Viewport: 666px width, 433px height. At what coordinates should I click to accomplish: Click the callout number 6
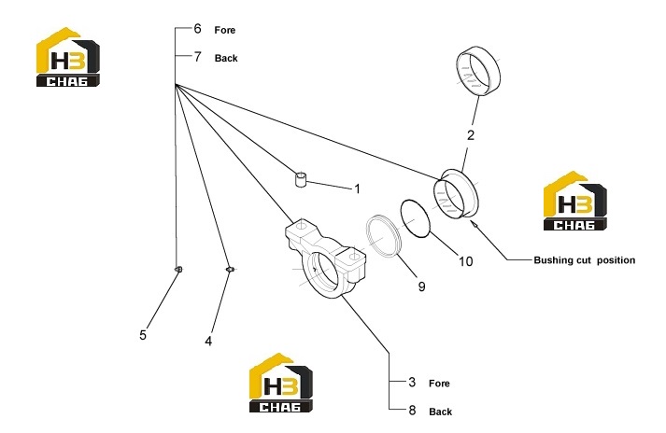[197, 28]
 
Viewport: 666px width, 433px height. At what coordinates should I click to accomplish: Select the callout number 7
[197, 57]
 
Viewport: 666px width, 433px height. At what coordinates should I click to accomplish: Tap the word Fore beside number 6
[225, 30]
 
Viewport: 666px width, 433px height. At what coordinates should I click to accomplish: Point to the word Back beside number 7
[226, 58]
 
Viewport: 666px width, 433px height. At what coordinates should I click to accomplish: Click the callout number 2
[471, 135]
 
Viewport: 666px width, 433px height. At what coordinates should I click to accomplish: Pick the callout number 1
[357, 189]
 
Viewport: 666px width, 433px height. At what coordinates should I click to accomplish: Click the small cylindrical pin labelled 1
[301, 179]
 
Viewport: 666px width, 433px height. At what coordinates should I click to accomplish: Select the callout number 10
[465, 261]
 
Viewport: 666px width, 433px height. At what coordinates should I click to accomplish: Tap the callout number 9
[421, 286]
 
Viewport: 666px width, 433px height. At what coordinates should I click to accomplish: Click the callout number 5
[143, 335]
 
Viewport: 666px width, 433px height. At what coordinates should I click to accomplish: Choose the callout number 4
[208, 341]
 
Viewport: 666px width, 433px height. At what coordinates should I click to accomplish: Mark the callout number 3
[412, 382]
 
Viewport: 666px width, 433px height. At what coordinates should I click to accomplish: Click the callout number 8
[412, 411]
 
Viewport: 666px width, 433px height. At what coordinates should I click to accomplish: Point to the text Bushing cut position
[585, 260]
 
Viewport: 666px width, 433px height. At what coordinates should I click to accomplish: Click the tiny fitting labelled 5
[178, 269]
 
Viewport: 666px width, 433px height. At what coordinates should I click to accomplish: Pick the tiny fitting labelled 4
[230, 269]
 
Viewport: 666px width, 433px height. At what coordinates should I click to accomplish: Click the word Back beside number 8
[441, 412]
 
